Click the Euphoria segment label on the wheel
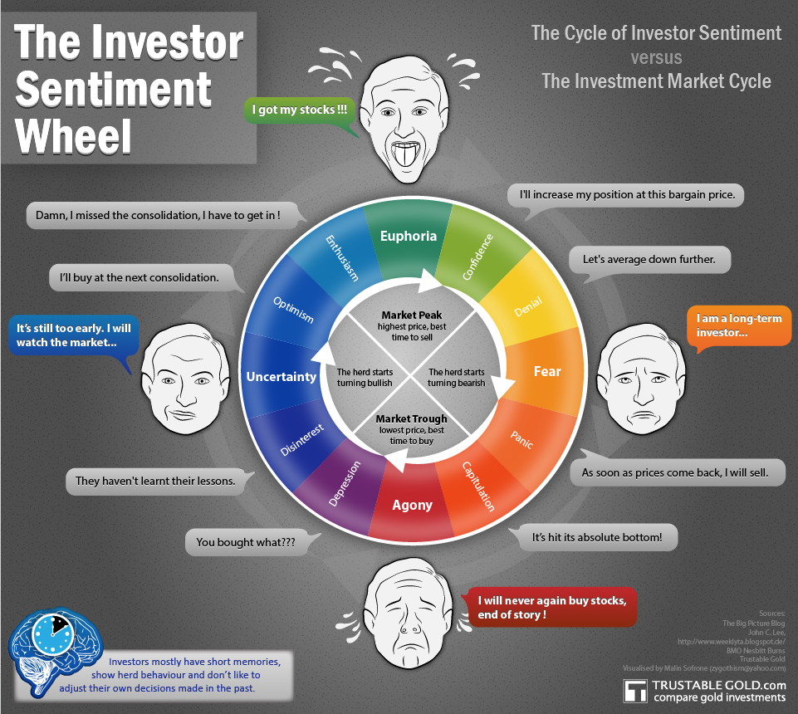(x=409, y=236)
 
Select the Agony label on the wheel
(x=412, y=506)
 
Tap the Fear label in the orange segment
(x=547, y=371)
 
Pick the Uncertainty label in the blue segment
(x=281, y=377)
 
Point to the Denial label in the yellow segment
(x=528, y=307)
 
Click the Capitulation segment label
(x=478, y=487)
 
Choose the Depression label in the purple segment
(x=345, y=483)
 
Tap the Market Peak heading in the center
(x=412, y=315)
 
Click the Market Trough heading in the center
(x=411, y=418)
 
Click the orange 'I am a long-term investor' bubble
(x=738, y=326)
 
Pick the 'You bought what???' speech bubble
(x=246, y=542)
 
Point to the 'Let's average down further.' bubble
(x=649, y=260)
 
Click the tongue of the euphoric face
(x=407, y=155)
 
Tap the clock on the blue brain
(x=53, y=634)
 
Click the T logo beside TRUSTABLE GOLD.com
(x=635, y=691)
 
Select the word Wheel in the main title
(x=73, y=136)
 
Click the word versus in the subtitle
(x=657, y=57)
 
